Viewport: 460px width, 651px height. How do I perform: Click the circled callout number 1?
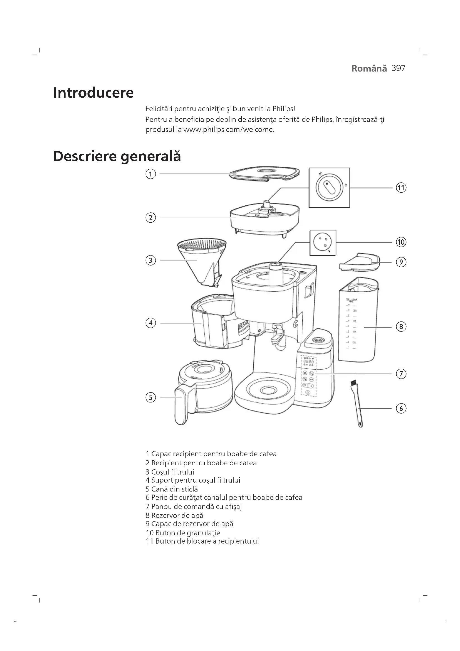click(x=150, y=173)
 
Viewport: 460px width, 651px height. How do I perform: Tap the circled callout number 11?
click(x=401, y=188)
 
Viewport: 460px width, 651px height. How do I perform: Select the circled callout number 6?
click(x=401, y=409)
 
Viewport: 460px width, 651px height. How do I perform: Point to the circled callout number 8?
click(x=401, y=327)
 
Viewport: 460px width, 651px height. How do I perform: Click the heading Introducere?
click(x=93, y=93)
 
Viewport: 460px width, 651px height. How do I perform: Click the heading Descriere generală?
click(x=117, y=156)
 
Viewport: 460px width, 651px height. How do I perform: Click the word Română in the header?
click(x=369, y=69)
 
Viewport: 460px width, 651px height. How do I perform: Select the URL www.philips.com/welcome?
click(x=229, y=130)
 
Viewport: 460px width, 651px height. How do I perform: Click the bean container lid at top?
click(x=264, y=173)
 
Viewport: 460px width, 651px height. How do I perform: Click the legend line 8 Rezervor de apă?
click(x=174, y=515)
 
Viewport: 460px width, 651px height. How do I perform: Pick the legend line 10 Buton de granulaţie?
click(x=183, y=533)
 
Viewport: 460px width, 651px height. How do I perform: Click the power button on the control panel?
click(x=308, y=392)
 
